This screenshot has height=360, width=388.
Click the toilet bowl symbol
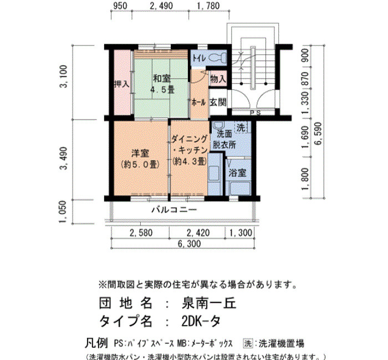click(x=217, y=58)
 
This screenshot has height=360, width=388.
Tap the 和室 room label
click(x=162, y=79)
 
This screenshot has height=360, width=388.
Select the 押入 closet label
click(x=121, y=84)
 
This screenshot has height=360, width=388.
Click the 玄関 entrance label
click(x=218, y=102)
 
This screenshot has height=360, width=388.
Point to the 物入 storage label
click(x=218, y=79)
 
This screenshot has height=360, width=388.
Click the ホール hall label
click(x=198, y=102)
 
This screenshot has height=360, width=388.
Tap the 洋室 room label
click(x=140, y=153)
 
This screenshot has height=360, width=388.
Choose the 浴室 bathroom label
click(x=238, y=173)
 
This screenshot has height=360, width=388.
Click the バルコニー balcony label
click(x=174, y=210)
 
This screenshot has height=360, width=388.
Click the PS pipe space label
click(x=256, y=113)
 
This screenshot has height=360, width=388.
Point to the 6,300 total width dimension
click(x=189, y=244)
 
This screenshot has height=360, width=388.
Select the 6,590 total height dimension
click(x=319, y=133)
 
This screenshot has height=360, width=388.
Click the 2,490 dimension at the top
click(x=161, y=6)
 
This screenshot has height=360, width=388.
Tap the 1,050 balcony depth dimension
click(x=63, y=212)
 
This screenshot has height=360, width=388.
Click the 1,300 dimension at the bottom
click(x=241, y=233)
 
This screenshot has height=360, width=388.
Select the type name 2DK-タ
click(x=201, y=321)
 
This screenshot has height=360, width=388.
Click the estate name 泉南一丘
click(x=209, y=304)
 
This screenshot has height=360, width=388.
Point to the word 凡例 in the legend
click(x=96, y=343)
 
